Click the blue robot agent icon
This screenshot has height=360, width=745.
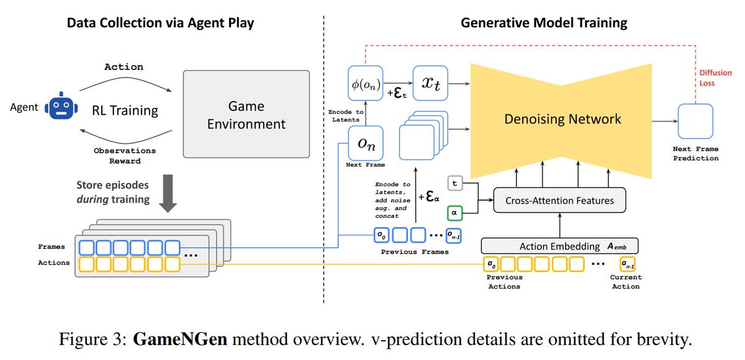coord(61,106)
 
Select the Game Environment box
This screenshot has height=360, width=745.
coord(246,114)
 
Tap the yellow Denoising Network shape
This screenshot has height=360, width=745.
coord(561,121)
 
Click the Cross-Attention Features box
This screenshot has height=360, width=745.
coord(560,200)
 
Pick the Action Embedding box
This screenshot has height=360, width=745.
coord(560,246)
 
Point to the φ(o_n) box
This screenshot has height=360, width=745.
coord(366,83)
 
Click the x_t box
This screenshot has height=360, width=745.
coord(430,83)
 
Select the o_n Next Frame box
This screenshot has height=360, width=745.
coord(366,143)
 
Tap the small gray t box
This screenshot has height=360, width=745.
coord(455,184)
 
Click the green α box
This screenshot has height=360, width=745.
coord(454,213)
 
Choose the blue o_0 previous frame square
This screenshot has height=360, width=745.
coord(381,235)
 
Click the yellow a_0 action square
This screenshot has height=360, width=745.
coord(491,264)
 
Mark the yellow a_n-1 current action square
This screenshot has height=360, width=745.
coord(628,264)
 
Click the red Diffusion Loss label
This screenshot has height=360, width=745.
coord(715,78)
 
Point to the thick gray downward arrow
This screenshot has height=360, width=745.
coord(168,194)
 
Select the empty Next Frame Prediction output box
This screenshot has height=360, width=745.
coord(695,121)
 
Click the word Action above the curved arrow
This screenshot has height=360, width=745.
coord(124,67)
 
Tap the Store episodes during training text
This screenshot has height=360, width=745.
coord(113,192)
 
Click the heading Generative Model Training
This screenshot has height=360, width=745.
coord(544,23)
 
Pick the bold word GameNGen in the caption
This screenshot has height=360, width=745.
coord(180,339)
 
